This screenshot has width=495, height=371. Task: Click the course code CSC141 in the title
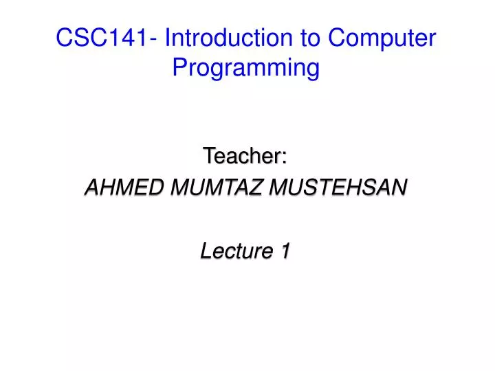102,38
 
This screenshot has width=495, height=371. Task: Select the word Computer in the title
382,39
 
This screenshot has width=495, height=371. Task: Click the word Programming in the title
246,69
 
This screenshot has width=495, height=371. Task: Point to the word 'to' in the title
310,38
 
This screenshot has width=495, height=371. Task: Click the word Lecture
234,252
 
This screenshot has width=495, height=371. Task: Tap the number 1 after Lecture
284,252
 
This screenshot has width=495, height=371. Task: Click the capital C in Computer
336,38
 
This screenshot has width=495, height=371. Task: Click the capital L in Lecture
205,252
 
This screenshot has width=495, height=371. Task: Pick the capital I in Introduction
168,38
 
